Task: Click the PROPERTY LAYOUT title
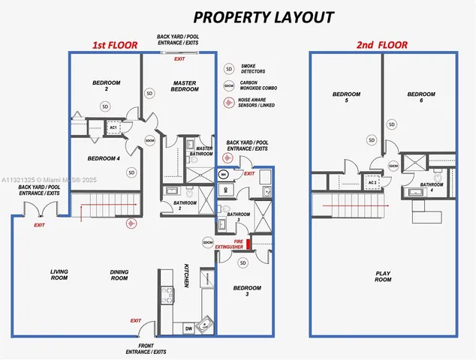click(254, 16)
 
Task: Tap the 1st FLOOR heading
click(115, 45)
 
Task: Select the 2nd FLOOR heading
click(382, 45)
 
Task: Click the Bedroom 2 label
click(107, 85)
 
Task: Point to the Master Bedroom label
click(185, 86)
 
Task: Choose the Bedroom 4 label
click(104, 158)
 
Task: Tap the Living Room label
click(59, 274)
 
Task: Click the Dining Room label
click(119, 274)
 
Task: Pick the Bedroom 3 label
click(247, 291)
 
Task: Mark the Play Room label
click(383, 276)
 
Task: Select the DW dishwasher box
click(188, 328)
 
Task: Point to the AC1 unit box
click(113, 127)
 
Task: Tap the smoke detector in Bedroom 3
click(243, 262)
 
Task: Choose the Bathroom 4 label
click(431, 187)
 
